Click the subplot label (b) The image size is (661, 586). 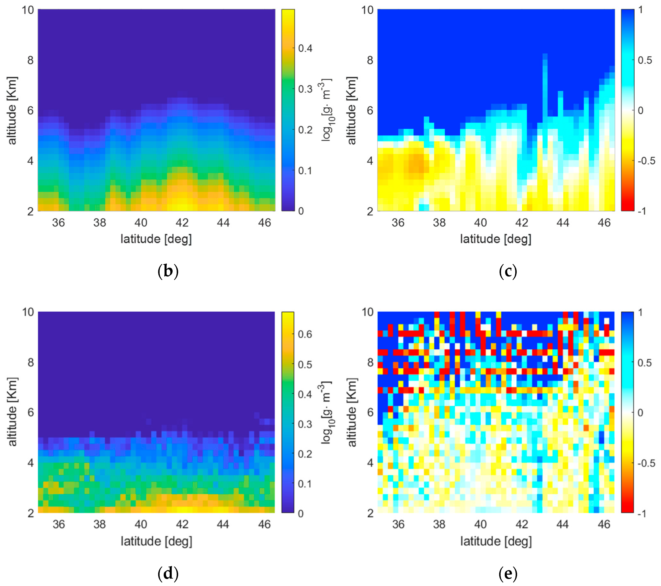[x=168, y=271]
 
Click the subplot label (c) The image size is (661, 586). [x=508, y=271]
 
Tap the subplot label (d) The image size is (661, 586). [x=168, y=573]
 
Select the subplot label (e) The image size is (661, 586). [x=508, y=573]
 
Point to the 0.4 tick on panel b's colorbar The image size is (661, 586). [x=305, y=48]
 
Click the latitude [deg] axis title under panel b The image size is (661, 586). [x=156, y=239]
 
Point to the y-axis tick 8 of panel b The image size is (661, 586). [x=30, y=60]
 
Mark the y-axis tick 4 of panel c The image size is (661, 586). [x=370, y=161]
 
